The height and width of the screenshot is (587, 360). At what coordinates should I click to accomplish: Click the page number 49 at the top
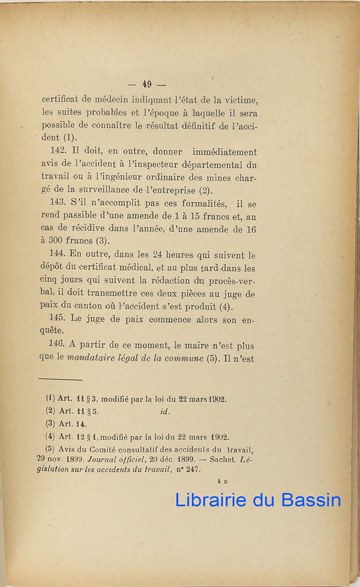click(x=146, y=84)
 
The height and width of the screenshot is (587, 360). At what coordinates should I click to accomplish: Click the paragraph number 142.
click(x=58, y=152)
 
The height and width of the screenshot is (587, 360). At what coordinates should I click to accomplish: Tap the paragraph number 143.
click(x=58, y=203)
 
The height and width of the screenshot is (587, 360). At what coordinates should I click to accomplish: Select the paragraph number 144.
click(x=58, y=255)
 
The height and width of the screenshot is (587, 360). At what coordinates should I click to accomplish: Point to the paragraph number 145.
click(x=58, y=319)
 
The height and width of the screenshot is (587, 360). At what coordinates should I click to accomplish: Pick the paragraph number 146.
click(x=58, y=345)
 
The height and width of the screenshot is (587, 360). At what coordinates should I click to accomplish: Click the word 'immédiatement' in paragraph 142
click(x=225, y=152)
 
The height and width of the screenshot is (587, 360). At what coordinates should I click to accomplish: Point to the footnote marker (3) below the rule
click(x=50, y=424)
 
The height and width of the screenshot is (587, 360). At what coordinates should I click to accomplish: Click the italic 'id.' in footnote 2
click(x=165, y=411)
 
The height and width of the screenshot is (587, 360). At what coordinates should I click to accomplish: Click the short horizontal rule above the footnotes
click(x=60, y=379)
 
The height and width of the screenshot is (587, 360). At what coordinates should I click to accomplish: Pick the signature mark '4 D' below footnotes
click(x=223, y=482)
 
